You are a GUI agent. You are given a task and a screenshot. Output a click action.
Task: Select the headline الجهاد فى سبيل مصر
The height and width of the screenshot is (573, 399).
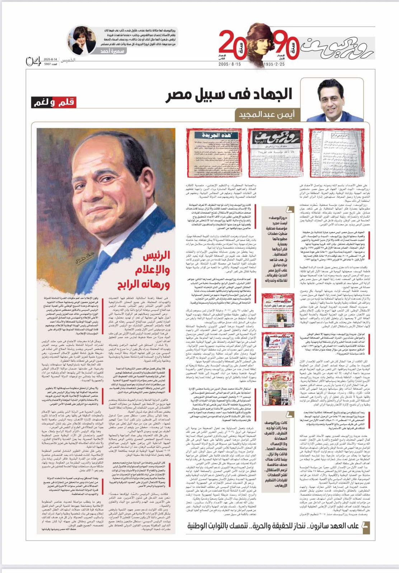229,95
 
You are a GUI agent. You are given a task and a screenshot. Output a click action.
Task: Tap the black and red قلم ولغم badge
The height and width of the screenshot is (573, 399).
54,102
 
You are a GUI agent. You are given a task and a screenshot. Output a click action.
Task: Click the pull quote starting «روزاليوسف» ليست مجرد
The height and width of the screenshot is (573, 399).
277,247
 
